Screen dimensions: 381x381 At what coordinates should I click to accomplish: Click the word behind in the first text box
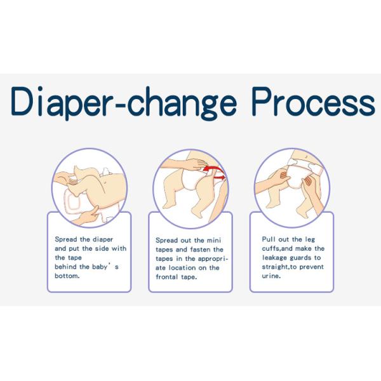pyautogui.click(x=67, y=267)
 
